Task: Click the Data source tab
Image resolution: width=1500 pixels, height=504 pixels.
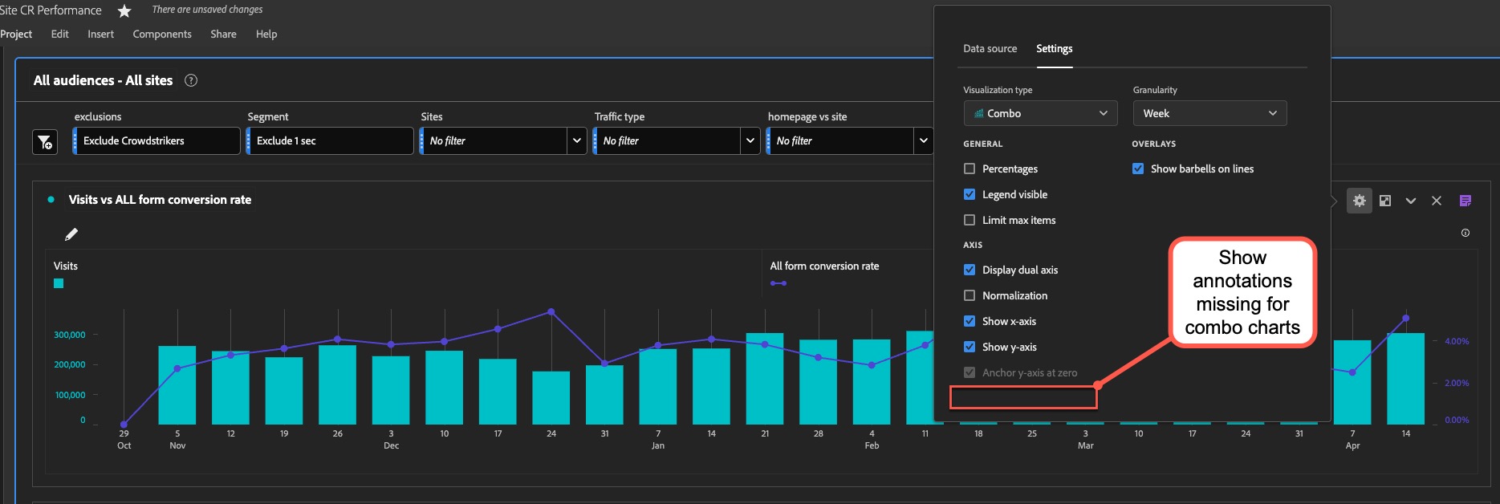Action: pyautogui.click(x=990, y=49)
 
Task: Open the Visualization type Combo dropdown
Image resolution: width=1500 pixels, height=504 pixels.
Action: pyautogui.click(x=1040, y=113)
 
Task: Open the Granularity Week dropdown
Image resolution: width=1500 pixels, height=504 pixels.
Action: pyautogui.click(x=1209, y=113)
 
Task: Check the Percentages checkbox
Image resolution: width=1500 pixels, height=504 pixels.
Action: pyautogui.click(x=970, y=169)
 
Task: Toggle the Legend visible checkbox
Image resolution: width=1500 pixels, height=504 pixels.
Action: pyautogui.click(x=970, y=194)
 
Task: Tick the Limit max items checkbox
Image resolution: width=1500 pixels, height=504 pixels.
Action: pyautogui.click(x=970, y=220)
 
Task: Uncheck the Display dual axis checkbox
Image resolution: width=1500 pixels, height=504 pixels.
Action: pyautogui.click(x=970, y=270)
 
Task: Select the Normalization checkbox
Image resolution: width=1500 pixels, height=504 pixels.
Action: pyautogui.click(x=970, y=295)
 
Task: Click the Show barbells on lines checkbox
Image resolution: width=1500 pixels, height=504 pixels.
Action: pyautogui.click(x=1138, y=169)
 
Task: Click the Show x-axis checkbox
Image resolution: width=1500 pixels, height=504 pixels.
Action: pyautogui.click(x=970, y=321)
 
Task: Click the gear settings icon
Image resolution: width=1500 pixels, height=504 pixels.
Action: pyautogui.click(x=1359, y=201)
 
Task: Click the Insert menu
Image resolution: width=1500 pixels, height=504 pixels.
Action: pyautogui.click(x=100, y=35)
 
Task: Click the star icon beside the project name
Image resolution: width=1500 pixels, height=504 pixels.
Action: pyautogui.click(x=124, y=11)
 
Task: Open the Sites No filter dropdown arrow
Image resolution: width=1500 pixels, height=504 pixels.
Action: pyautogui.click(x=576, y=140)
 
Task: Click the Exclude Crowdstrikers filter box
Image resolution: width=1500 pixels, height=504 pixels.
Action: pyautogui.click(x=157, y=140)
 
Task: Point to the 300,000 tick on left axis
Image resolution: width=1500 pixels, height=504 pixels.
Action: pyautogui.click(x=70, y=335)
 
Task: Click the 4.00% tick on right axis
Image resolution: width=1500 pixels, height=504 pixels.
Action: pyautogui.click(x=1457, y=341)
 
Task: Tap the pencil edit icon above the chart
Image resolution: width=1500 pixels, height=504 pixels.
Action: pyautogui.click(x=71, y=234)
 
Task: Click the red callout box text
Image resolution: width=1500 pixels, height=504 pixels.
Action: pyautogui.click(x=1242, y=292)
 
